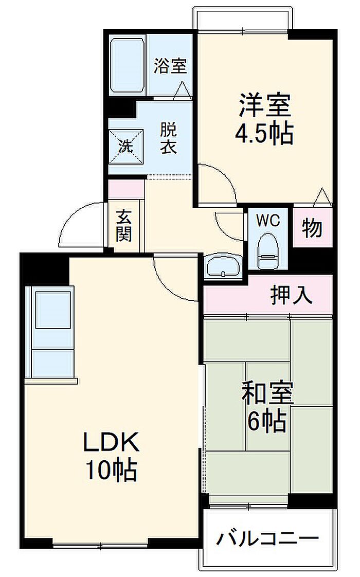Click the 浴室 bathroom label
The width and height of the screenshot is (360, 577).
click(170, 66)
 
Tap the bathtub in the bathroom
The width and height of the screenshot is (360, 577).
click(127, 65)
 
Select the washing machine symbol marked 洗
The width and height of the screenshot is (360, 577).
click(125, 147)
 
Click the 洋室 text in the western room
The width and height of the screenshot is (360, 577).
click(264, 105)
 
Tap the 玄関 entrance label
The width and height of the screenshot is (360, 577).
click(123, 226)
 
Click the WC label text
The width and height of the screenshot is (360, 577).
click(268, 221)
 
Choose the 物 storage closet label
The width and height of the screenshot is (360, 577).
click(312, 228)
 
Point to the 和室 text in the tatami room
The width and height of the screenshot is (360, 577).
click(267, 393)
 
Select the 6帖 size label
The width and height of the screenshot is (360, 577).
click(267, 421)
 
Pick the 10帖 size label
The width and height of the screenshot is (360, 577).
click(111, 470)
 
